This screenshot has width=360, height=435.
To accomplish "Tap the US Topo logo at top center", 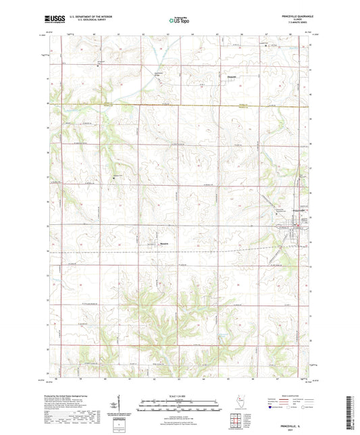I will pos(177,21).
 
